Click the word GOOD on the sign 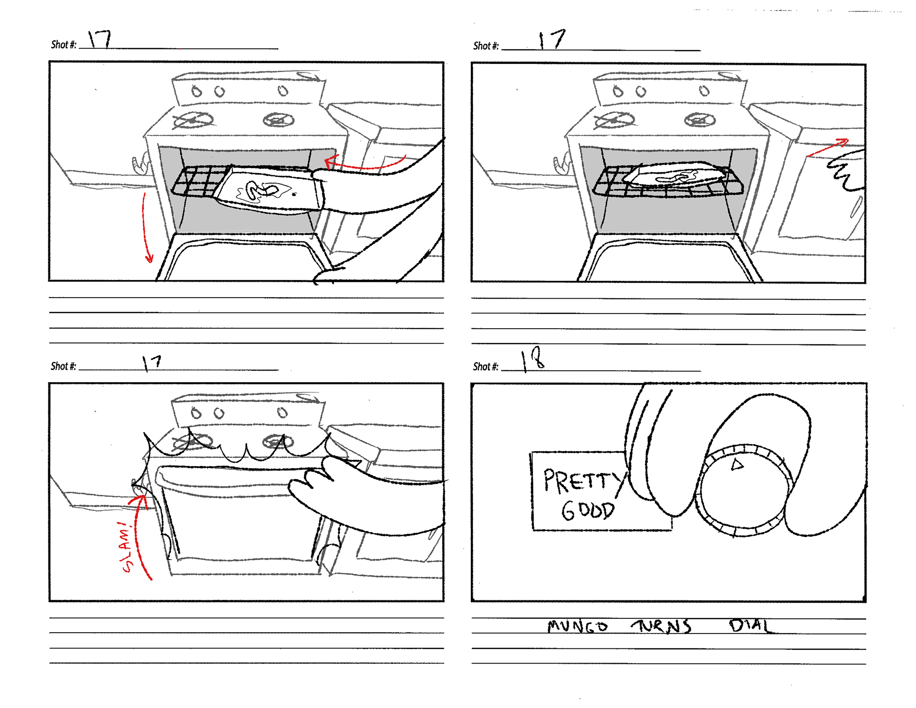(588, 510)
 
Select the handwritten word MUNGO (577, 626)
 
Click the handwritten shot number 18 (533, 359)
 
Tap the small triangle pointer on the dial (738, 464)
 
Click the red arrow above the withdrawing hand (828, 147)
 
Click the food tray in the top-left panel (270, 191)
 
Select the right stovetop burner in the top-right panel (700, 120)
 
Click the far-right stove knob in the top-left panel (283, 91)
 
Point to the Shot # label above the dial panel (485, 366)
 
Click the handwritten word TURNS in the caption (662, 626)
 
